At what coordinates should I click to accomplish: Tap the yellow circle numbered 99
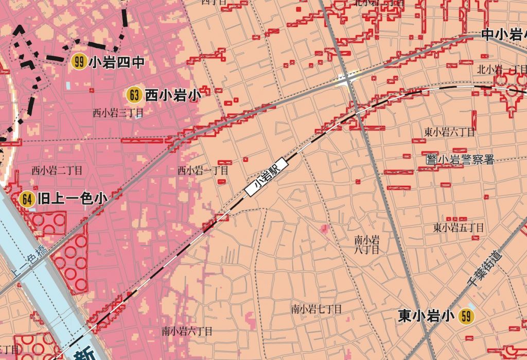[79, 62]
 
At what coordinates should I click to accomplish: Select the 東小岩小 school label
[426, 316]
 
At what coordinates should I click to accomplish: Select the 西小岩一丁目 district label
[203, 170]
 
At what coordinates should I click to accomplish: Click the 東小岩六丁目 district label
[449, 132]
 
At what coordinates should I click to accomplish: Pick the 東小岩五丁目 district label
[459, 227]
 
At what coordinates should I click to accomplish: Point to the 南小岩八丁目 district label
[367, 245]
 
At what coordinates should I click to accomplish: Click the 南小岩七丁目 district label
[317, 309]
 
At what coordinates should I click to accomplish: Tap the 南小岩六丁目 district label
[187, 331]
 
